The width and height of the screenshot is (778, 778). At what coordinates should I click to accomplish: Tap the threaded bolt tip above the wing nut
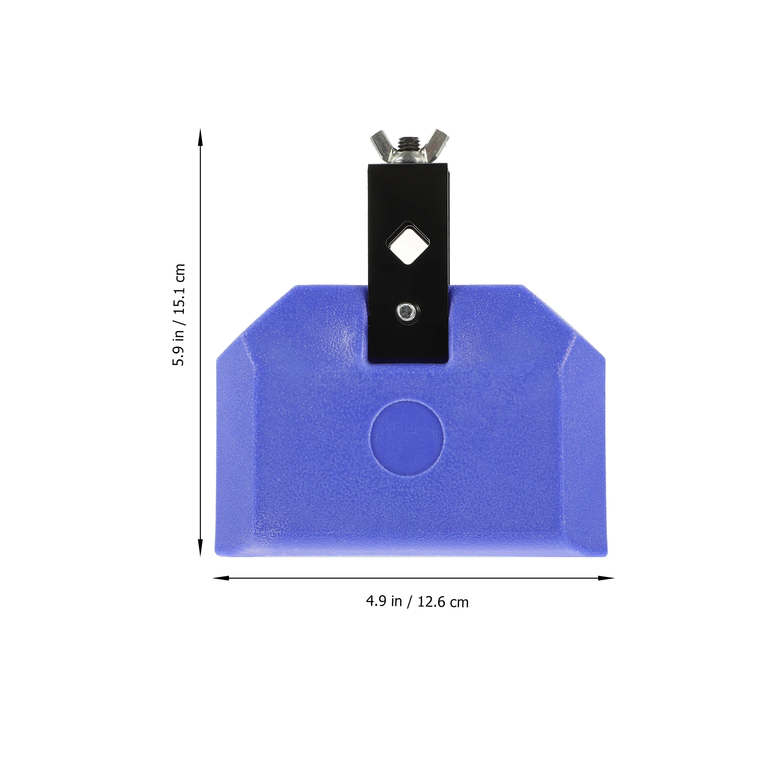click(408, 142)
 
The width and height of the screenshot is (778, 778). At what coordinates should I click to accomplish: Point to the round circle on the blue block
click(407, 438)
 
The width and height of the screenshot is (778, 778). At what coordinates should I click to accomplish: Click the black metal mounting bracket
click(407, 204)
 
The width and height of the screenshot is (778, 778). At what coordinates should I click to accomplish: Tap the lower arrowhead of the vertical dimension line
click(200, 548)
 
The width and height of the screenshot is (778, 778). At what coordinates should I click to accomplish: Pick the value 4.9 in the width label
click(376, 601)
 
